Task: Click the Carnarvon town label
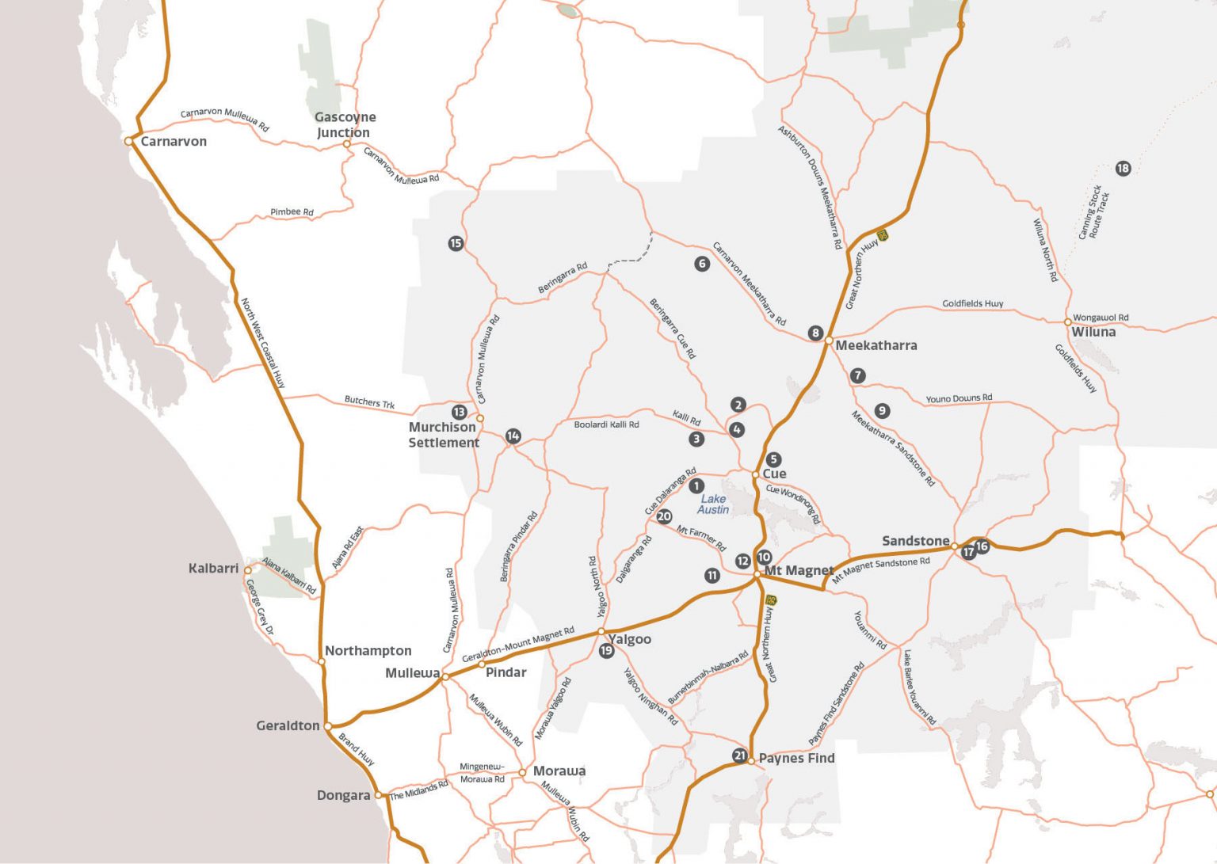(173, 142)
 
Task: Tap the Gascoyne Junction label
(345, 125)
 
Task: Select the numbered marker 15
(456, 243)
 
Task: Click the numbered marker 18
(1123, 168)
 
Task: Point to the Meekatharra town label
(876, 345)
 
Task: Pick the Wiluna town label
(1093, 333)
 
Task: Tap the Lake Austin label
(713, 504)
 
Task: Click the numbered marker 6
(702, 264)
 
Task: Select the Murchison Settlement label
(443, 435)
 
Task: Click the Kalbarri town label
(213, 569)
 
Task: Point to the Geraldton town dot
(328, 726)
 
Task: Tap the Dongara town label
(343, 795)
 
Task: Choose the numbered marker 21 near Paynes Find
(739, 756)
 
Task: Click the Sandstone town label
(915, 541)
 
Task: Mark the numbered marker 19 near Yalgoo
(606, 651)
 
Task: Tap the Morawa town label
(559, 771)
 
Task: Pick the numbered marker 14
(513, 436)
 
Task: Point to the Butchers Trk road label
(369, 402)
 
